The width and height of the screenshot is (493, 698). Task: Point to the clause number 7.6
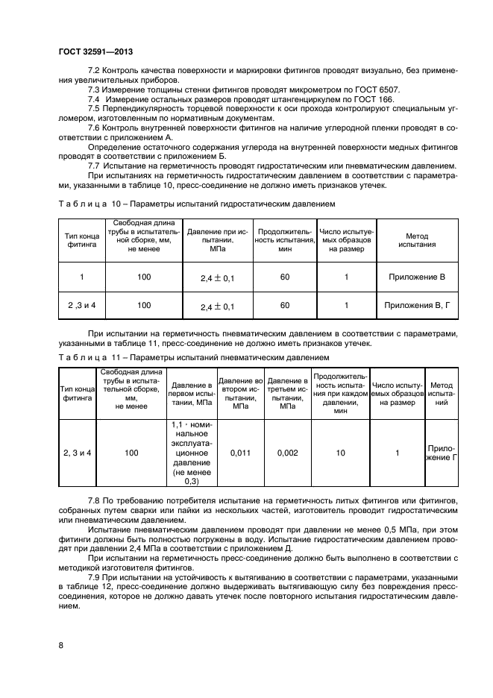pos(94,128)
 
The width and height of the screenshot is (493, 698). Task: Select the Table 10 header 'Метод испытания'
pos(416,239)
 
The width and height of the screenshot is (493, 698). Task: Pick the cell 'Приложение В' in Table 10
pos(416,277)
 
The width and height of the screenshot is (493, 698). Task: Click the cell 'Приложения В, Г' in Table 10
pos(416,305)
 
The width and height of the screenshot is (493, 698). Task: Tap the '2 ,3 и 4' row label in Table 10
pos(81,305)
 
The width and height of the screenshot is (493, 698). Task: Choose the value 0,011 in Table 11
pos(241,453)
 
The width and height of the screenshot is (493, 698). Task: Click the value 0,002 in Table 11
pos(288,453)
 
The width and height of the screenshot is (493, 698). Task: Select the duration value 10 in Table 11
pos(340,453)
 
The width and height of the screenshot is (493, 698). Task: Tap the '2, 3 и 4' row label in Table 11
pos(77,453)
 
